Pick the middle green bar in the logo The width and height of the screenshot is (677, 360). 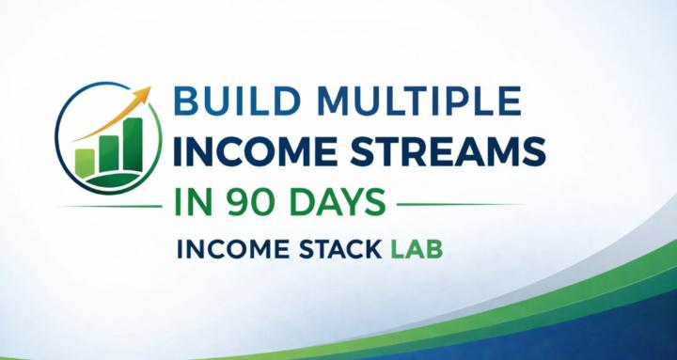pos(109,152)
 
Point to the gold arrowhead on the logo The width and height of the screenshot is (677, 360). pos(144,93)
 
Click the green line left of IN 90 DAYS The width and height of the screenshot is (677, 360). pos(113,205)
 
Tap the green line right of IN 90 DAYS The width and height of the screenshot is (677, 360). pos(461,203)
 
